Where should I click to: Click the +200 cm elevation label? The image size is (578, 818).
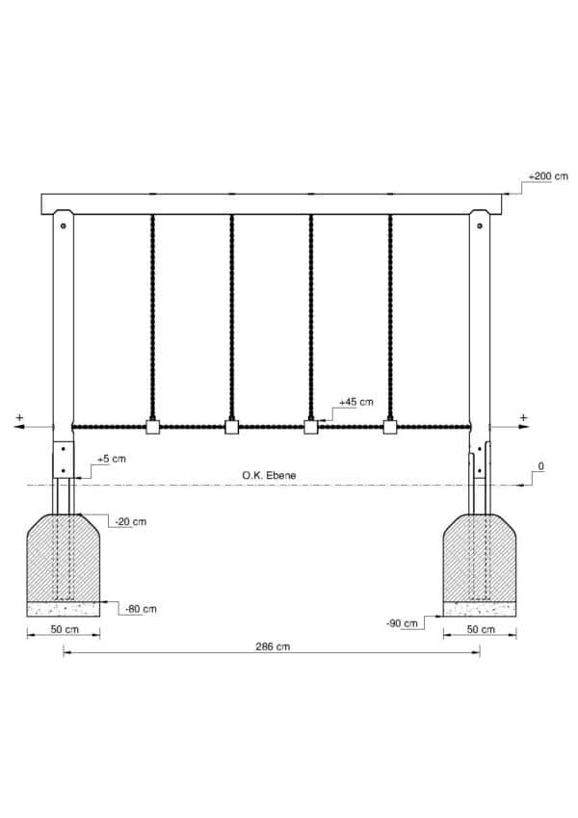pos(548,176)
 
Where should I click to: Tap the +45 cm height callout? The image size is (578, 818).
pos(356,402)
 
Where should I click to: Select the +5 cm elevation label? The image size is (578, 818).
pos(112,459)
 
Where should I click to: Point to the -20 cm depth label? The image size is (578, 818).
pos(130,521)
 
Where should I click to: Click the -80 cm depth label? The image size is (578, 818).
pos(141,609)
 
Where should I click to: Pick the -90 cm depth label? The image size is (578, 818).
pos(402,623)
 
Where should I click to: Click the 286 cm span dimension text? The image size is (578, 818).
pos(273,646)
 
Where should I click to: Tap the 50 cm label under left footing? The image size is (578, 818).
pos(65,629)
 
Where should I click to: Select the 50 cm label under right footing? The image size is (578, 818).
pos(481,629)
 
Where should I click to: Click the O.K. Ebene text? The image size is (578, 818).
pos(269,475)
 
